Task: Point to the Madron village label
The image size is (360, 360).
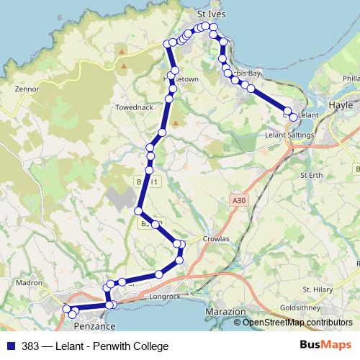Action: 29,283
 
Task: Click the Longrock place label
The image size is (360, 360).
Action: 163,296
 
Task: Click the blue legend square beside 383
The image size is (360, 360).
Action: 9,346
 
